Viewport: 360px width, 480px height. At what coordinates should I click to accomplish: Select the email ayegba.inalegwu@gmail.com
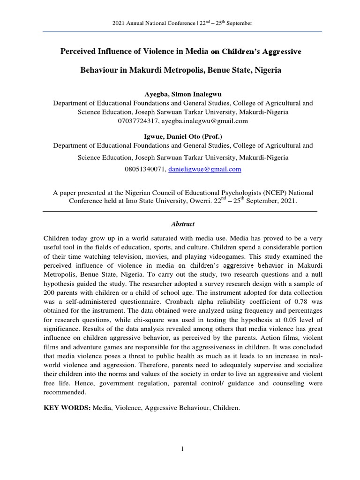[204, 121]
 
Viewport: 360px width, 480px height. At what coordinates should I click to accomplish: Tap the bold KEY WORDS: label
[66, 408]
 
